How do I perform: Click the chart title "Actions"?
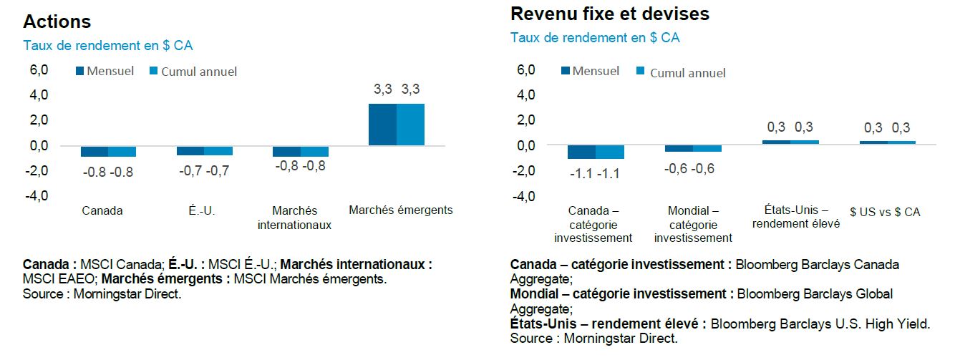57,21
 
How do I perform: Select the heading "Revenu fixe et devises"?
609,14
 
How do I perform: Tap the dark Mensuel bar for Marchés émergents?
382,125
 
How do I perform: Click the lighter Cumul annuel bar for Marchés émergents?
410,125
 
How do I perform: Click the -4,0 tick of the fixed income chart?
525,195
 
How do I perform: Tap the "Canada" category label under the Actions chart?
102,210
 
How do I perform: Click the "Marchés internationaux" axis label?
294,218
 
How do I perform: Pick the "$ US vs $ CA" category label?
885,212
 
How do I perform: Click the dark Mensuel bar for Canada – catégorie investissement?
581,152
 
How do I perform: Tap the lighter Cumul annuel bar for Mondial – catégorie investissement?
707,148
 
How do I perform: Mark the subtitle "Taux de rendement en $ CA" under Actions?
108,46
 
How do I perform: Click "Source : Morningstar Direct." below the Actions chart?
102,294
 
